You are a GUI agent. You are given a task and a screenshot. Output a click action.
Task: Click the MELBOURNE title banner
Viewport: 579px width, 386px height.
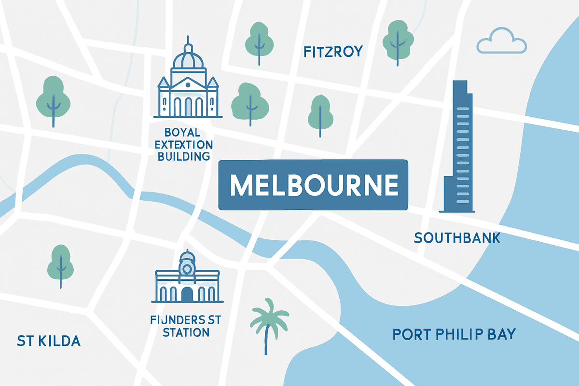(313, 185)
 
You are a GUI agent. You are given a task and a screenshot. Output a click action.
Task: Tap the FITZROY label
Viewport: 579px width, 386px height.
(332, 52)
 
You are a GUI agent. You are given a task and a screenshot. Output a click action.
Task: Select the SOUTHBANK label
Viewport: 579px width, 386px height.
(457, 237)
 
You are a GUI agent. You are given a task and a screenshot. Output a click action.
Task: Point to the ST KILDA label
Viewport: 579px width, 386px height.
(48, 341)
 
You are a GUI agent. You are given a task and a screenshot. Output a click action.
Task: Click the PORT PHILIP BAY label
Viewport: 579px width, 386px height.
(454, 334)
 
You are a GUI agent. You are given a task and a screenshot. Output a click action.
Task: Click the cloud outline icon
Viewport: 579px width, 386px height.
(501, 42)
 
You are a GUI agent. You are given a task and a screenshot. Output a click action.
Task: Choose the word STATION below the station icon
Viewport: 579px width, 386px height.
(186, 332)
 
